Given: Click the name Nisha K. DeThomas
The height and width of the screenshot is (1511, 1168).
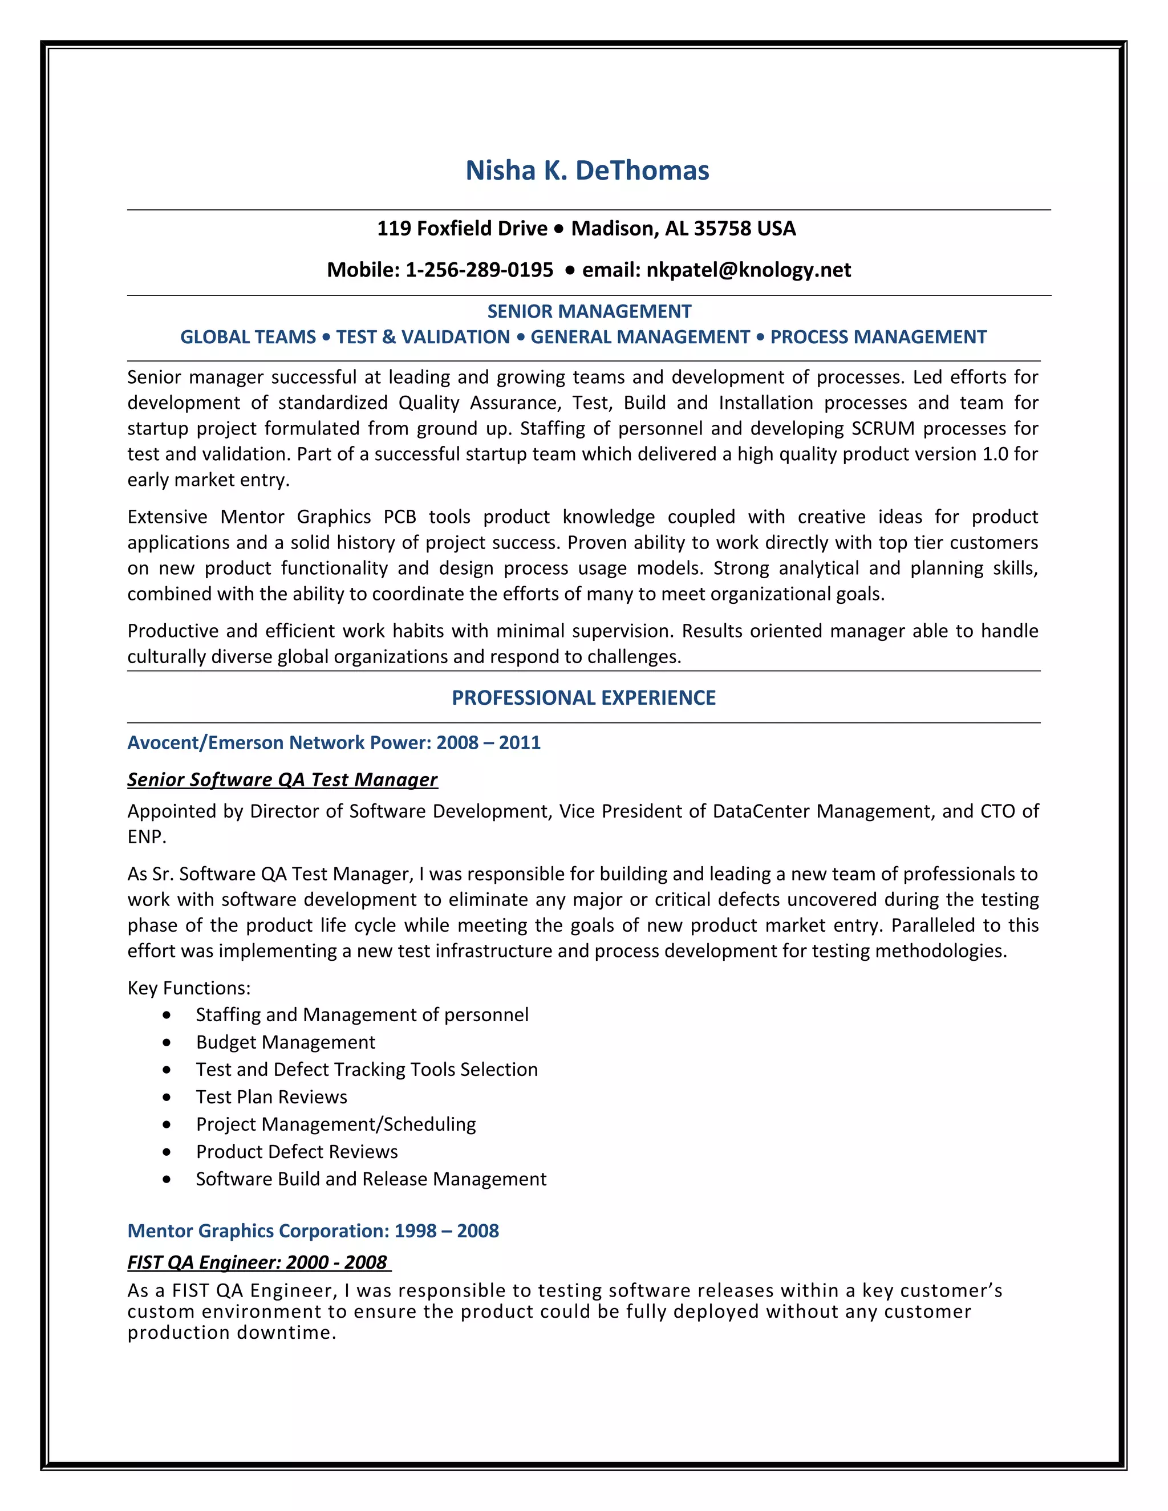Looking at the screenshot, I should tap(587, 170).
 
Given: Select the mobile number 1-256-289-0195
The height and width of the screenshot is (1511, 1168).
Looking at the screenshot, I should tap(479, 270).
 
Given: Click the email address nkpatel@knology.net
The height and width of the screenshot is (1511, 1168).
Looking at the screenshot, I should tap(748, 270).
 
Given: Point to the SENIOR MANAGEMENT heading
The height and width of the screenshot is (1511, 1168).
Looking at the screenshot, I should tap(589, 311).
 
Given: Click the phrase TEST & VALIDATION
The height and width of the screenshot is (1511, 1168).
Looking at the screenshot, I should tap(423, 337).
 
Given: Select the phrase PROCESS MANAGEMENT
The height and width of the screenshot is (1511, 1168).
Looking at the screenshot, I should tap(878, 337).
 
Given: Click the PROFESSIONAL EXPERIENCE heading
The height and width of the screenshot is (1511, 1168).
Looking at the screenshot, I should tap(583, 697).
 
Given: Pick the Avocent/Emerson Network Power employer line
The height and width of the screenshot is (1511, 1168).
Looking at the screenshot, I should tap(334, 742).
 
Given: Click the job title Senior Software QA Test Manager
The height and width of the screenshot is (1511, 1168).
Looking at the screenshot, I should tap(282, 779).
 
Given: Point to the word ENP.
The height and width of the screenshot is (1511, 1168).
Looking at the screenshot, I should tap(146, 837).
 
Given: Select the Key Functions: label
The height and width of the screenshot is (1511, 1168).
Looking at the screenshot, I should tap(189, 988).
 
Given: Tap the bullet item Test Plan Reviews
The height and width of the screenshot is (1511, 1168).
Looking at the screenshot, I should tap(271, 1096).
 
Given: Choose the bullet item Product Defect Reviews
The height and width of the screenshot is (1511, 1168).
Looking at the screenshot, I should tap(297, 1151).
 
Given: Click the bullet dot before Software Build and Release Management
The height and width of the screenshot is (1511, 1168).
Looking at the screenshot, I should tap(167, 1179).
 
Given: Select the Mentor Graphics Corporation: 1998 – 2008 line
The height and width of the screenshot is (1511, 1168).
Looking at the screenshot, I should tap(313, 1231).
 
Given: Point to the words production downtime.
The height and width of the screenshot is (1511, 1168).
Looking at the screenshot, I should tap(231, 1333).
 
